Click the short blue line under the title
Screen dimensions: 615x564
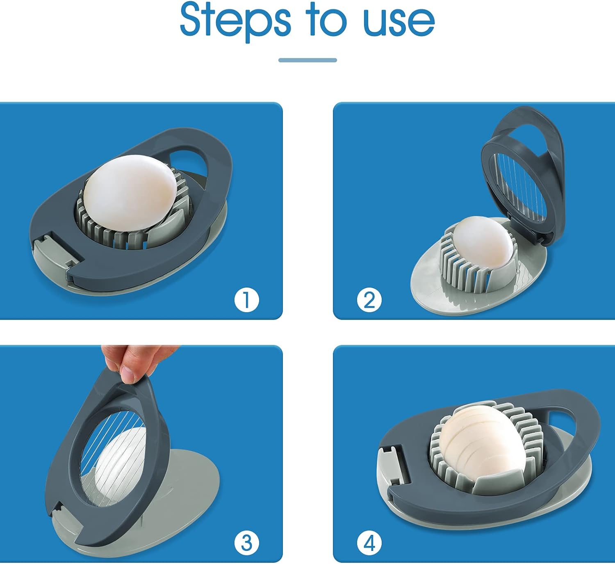307,60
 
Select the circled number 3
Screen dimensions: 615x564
246,543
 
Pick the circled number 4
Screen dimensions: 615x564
369,543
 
